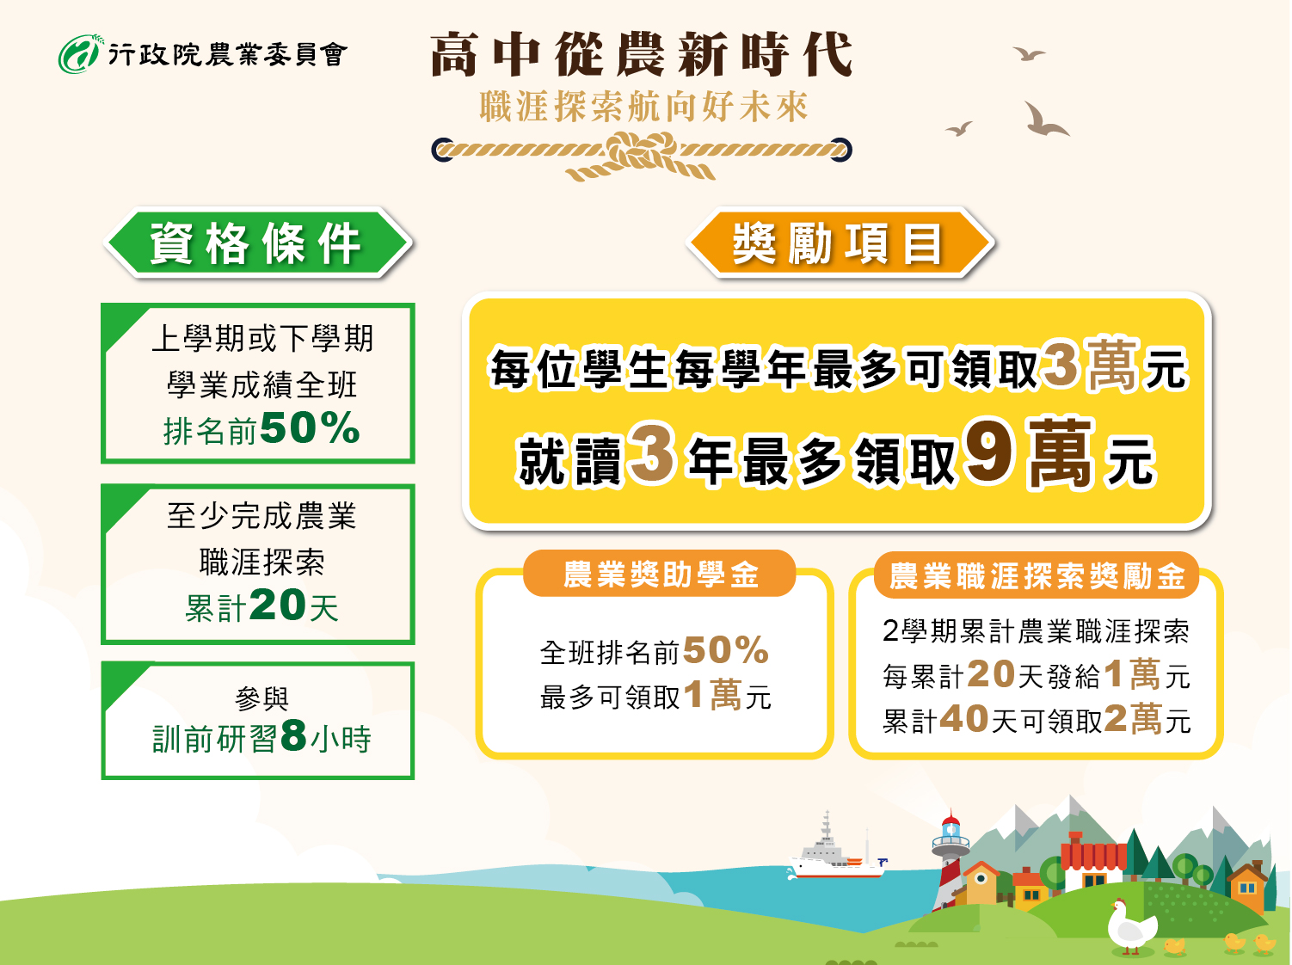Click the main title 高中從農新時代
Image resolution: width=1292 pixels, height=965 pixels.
coord(642,55)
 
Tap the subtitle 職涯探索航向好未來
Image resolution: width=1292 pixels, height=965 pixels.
coord(644,107)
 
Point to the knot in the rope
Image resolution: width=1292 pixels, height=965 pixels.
coord(642,151)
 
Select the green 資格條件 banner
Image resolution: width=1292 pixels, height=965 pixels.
coord(257,243)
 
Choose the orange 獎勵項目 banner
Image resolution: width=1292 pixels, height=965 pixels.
coord(840,243)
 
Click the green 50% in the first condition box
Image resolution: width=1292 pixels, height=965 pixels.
coord(310,427)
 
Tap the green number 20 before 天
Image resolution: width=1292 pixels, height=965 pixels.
coord(277,605)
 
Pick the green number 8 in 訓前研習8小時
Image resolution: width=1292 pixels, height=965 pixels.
coord(293,735)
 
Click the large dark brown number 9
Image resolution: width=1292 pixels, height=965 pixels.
coord(989,450)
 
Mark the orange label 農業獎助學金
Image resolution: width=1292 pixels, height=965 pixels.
coord(660,574)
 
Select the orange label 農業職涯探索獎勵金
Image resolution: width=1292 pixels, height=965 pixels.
coord(1037,575)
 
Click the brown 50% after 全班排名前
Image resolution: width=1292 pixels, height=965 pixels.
coord(726,649)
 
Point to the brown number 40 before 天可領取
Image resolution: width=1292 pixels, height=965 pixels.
coord(964,718)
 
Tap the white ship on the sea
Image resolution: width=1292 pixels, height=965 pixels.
coord(837,851)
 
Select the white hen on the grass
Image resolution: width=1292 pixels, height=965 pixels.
coord(1130,926)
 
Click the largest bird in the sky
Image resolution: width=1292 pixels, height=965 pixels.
coord(1045,120)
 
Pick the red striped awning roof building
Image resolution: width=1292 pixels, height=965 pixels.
coord(1093,859)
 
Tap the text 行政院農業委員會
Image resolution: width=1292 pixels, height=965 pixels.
coord(228,55)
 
